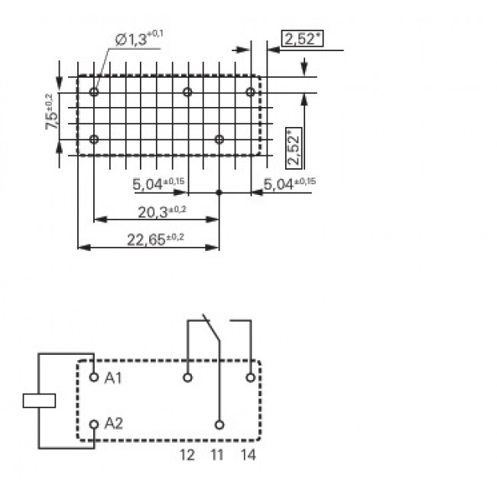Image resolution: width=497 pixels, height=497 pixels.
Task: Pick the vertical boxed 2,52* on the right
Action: coord(294,148)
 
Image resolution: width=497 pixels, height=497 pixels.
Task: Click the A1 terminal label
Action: coord(112,378)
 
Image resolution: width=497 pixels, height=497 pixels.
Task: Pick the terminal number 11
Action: coord(219,456)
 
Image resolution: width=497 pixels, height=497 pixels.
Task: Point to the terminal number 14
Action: coord(248,456)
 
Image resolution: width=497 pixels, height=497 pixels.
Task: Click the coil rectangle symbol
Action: coord(39,400)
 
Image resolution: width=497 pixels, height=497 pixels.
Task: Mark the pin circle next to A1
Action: coord(94,377)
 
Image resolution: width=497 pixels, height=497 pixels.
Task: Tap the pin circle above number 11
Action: coord(219,424)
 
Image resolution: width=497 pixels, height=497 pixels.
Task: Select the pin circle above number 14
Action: coord(250,377)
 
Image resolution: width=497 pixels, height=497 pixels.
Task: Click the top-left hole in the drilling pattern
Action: coord(94,92)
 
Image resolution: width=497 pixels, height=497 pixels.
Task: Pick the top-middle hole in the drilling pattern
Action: coord(187,92)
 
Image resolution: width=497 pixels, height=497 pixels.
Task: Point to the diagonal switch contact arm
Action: coord(211,329)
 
